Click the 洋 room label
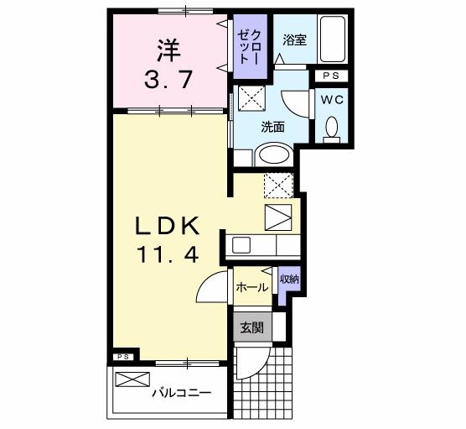click(x=167, y=50)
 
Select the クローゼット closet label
click(x=249, y=47)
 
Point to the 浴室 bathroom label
click(x=293, y=39)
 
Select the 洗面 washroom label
click(x=272, y=128)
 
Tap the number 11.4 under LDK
click(x=168, y=255)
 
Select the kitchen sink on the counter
click(x=242, y=245)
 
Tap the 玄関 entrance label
click(x=251, y=327)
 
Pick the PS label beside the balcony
click(x=122, y=357)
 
